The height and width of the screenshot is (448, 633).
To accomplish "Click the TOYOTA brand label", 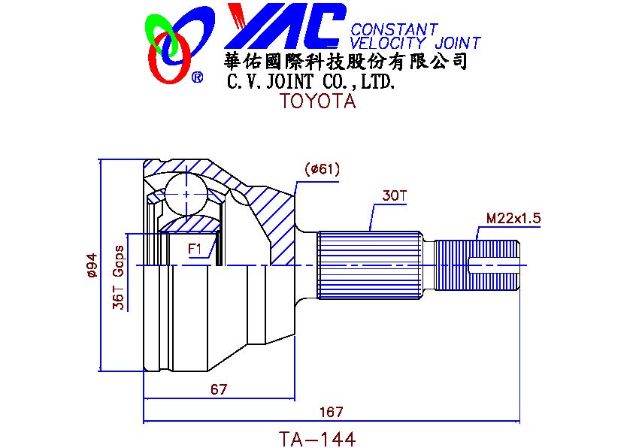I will tap(317, 101).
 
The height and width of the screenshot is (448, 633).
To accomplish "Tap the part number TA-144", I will tap(316, 437).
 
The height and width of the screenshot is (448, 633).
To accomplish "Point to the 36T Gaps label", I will tap(118, 277).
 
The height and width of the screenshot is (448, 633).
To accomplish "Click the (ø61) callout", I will tap(323, 169).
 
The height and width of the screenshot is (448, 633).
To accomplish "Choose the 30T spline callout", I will tap(394, 196).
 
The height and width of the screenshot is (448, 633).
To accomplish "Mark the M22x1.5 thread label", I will tap(513, 219).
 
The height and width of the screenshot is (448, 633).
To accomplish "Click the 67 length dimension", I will tap(219, 389).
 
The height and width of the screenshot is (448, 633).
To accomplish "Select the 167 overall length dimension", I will tap(331, 412).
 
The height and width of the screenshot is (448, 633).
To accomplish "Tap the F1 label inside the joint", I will tap(195, 248).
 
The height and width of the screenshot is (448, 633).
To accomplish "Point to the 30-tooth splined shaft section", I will tap(368, 265).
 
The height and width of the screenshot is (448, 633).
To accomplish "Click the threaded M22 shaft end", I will tap(478, 265).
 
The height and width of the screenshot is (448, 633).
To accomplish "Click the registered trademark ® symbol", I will tap(197, 77).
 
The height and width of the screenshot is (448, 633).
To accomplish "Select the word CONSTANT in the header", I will tap(394, 29).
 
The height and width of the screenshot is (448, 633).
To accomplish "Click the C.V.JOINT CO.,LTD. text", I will tap(310, 80).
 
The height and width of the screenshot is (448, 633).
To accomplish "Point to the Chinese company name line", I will tap(346, 61).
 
